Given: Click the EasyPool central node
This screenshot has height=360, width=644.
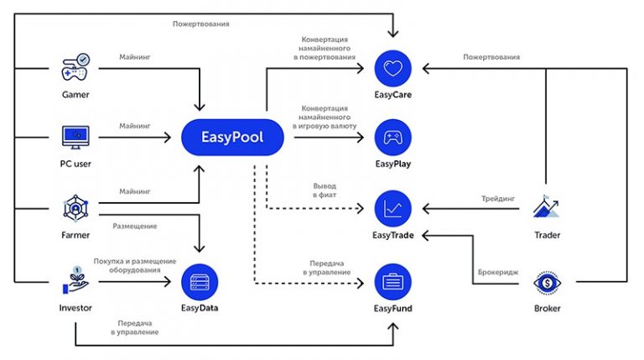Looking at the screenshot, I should [232, 136].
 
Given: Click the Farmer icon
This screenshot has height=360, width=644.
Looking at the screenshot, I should [75, 206].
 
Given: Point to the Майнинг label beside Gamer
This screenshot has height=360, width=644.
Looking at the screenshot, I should [134, 56].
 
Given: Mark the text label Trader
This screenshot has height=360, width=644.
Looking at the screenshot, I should [547, 235].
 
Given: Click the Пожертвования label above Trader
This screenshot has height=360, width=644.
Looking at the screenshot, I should [491, 57].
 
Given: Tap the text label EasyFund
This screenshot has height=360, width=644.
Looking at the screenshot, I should [392, 309].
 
